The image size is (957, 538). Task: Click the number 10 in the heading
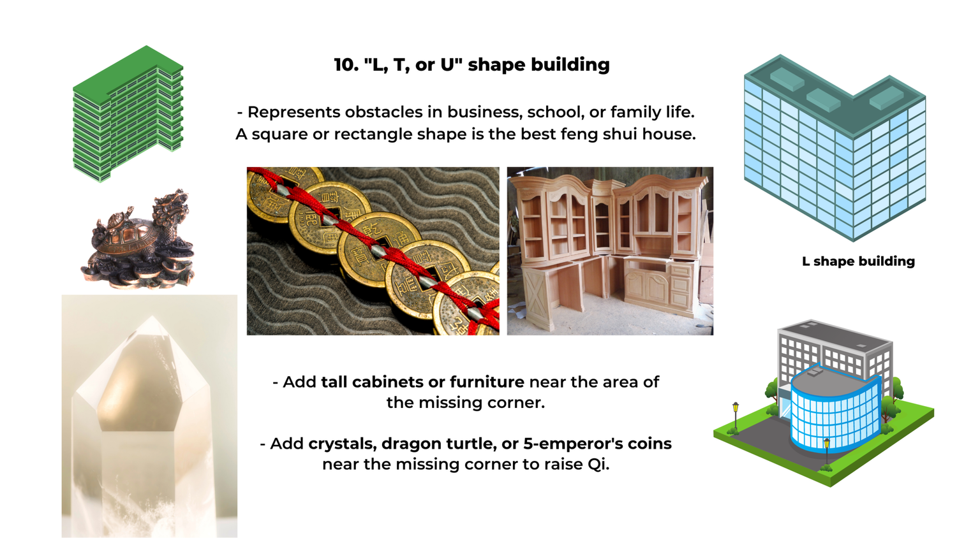coord(345,65)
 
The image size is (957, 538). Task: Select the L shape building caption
coord(858,261)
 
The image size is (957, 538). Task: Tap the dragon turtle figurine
coord(140,239)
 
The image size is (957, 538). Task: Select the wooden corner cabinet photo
coord(610,251)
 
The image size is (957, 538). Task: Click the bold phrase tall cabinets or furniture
coord(422,382)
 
